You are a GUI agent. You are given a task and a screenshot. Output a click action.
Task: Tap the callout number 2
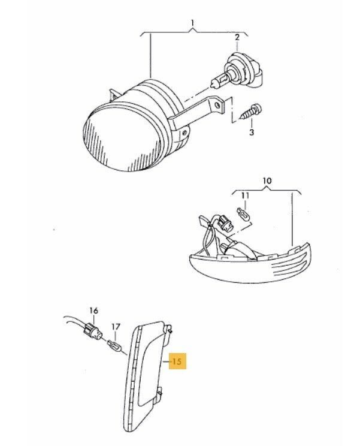(237, 37)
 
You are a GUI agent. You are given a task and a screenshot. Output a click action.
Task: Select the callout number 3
(252, 132)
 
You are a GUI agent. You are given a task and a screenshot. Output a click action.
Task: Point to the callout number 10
(267, 180)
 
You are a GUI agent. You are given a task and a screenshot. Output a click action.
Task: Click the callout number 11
(245, 195)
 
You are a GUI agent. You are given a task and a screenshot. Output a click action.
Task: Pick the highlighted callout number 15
(177, 361)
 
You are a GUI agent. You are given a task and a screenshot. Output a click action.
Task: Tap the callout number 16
(93, 311)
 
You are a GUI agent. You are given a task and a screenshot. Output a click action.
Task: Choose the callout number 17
(116, 327)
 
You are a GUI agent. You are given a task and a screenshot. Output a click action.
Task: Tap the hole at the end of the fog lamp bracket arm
(217, 106)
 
